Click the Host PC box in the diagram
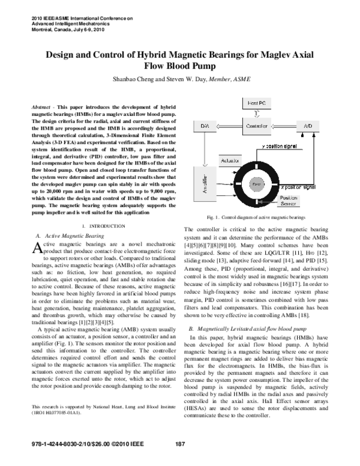[261, 104]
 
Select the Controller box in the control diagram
[261, 126]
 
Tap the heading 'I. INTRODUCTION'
[99, 225]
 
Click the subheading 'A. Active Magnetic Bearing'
[70, 237]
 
